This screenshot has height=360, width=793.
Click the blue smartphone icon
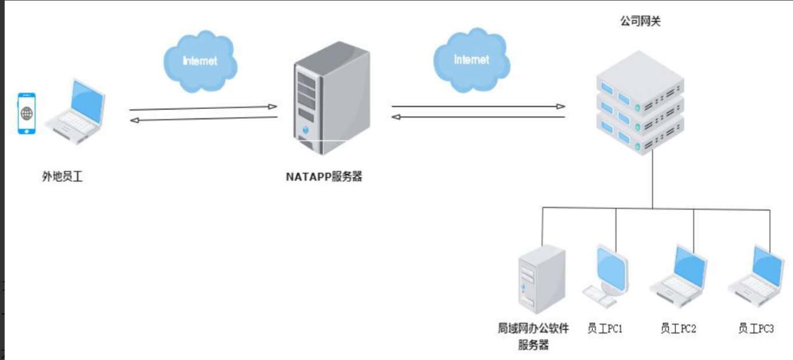26,114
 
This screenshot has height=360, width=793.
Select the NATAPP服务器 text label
324,177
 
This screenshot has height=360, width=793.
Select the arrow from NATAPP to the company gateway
478,107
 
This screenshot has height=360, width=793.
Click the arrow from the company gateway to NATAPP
478,117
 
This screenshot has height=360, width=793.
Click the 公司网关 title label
640,22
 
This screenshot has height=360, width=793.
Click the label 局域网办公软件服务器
533,336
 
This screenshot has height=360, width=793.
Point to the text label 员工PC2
678,329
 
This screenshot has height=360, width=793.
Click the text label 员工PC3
756,329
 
